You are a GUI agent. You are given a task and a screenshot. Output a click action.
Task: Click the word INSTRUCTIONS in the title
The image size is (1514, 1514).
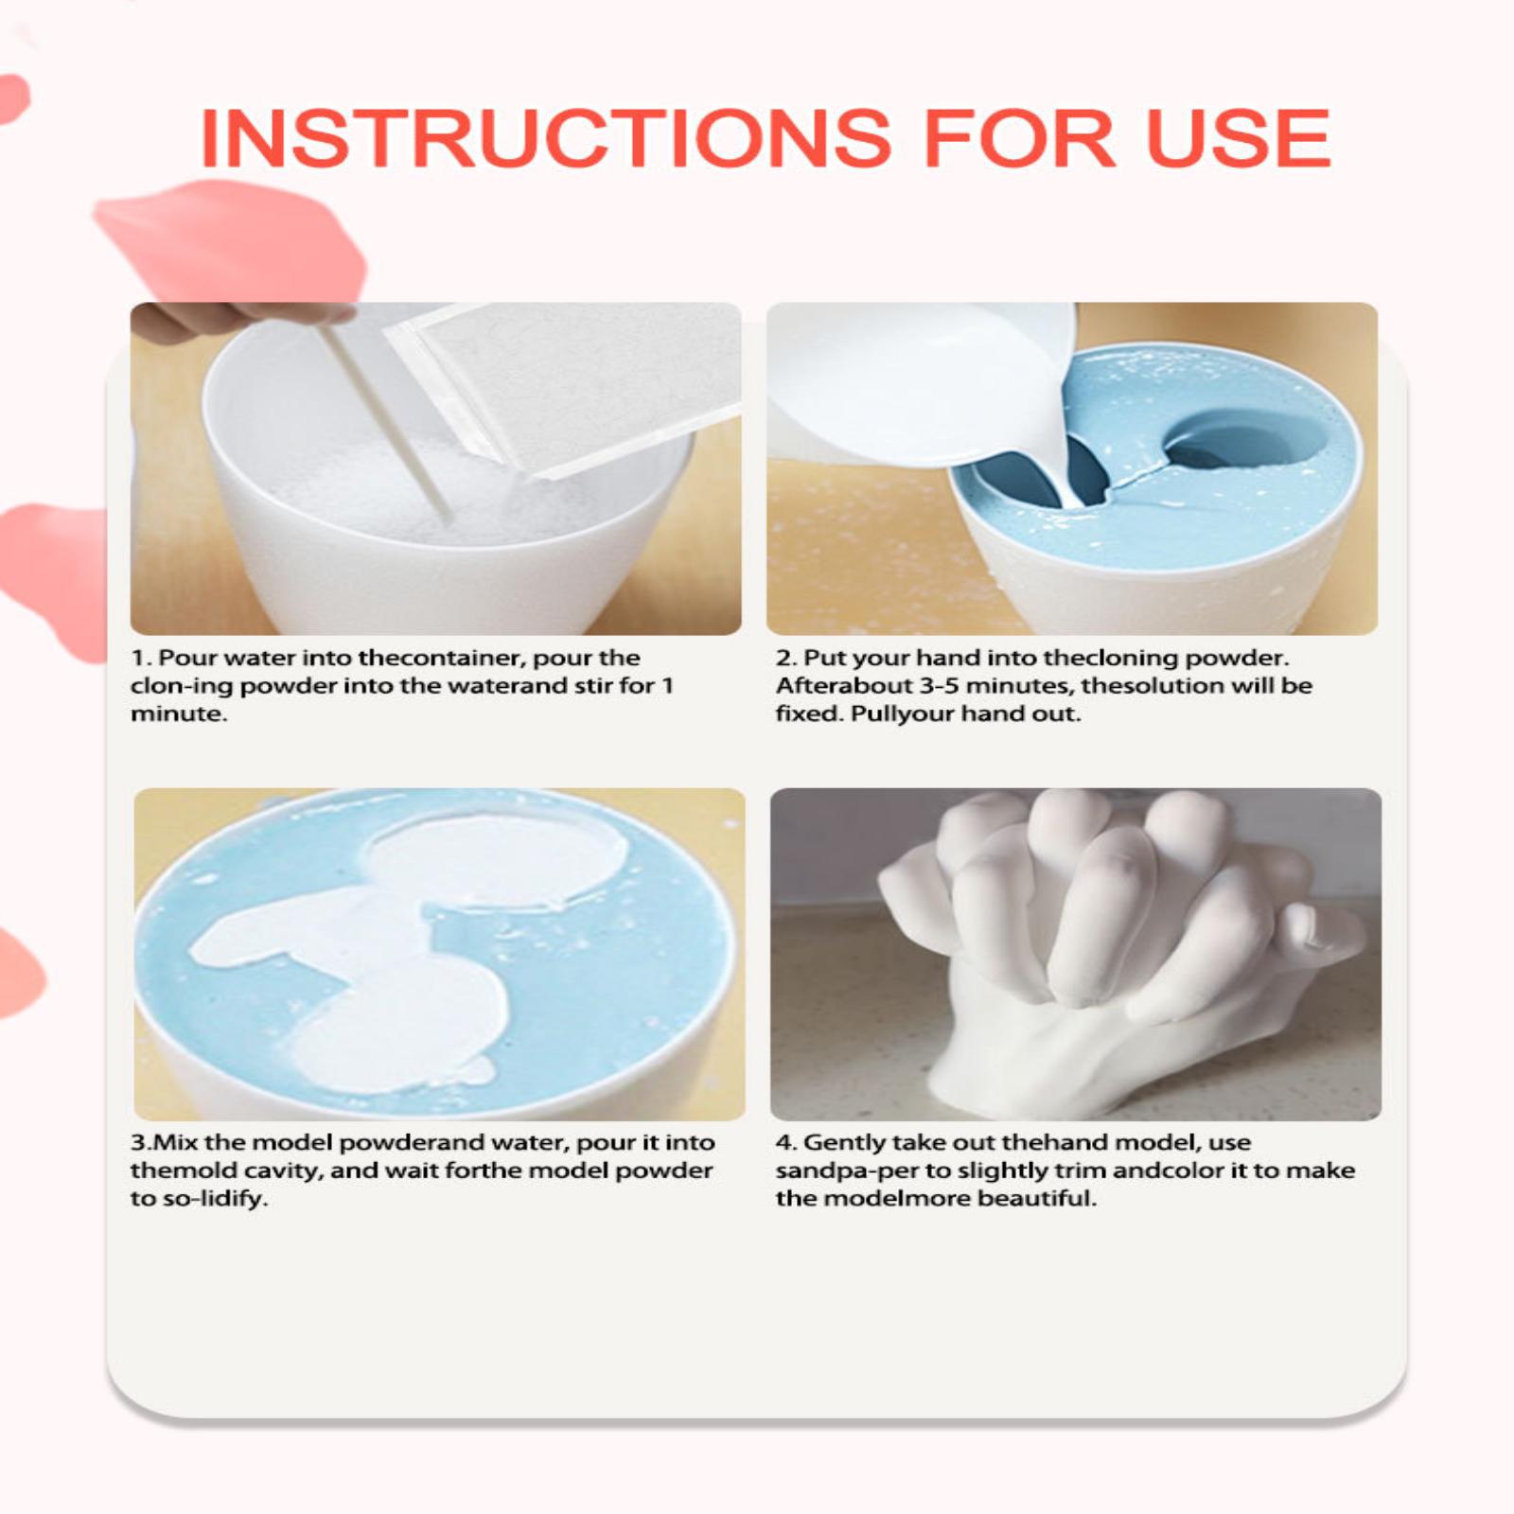coord(545,138)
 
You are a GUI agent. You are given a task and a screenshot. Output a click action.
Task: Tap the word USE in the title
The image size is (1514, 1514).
coord(1239,138)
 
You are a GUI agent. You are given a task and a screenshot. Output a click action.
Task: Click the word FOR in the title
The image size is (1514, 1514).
coord(1019,138)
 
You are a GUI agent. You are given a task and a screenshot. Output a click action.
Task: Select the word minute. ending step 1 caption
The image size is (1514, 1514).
coord(179,713)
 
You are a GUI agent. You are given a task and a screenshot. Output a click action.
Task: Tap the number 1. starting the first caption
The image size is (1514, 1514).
coord(141,658)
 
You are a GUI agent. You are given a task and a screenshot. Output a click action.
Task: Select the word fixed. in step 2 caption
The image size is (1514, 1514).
coord(809,713)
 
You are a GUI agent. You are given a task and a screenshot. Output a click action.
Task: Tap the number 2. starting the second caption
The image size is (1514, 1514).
coord(786,658)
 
